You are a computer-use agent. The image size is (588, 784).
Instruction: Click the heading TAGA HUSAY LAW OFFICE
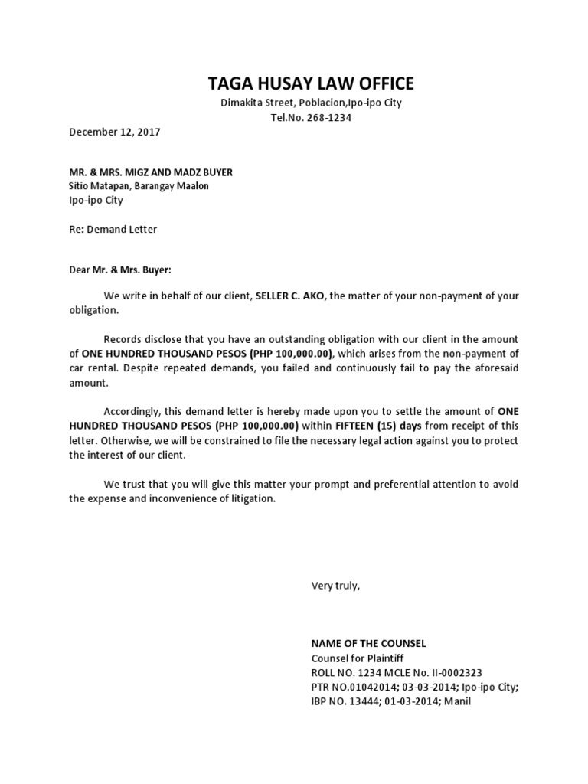[x=312, y=83]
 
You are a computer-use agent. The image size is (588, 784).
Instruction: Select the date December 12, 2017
[x=115, y=132]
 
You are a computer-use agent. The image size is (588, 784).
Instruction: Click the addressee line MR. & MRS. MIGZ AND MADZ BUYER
[x=151, y=172]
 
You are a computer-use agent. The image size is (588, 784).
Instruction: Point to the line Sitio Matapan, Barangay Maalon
[x=139, y=186]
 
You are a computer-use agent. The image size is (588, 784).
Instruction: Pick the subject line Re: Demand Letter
[x=113, y=228]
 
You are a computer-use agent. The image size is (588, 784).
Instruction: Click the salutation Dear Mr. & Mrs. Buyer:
[x=121, y=269]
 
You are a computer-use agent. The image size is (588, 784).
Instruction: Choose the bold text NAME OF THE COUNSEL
[x=368, y=644]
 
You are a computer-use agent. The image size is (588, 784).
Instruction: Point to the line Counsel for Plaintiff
[x=357, y=658]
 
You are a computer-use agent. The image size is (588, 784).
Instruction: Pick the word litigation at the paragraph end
[x=247, y=498]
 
